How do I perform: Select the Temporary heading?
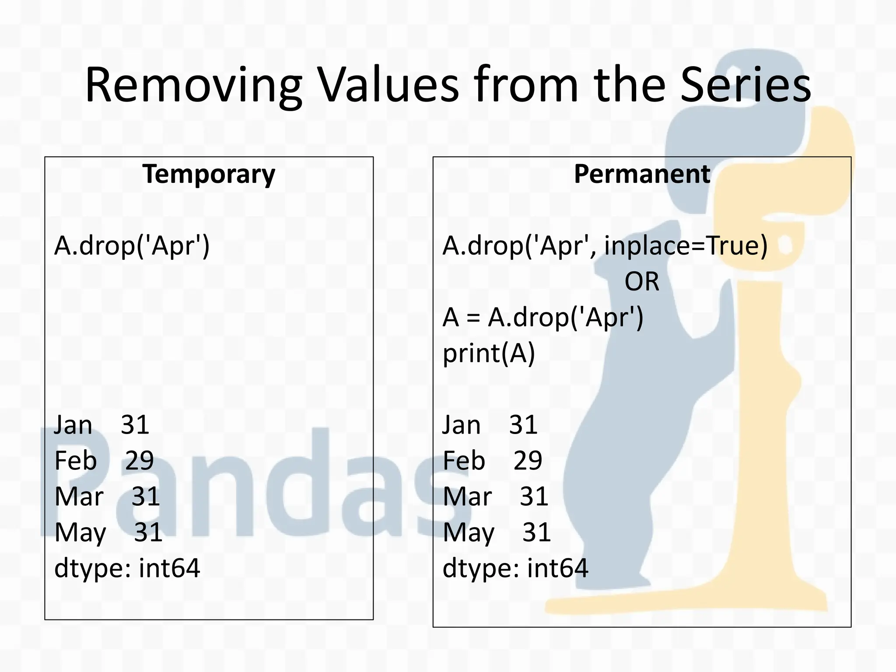click(209, 174)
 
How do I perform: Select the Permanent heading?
click(642, 174)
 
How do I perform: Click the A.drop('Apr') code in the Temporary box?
click(132, 246)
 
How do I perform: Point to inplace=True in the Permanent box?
click(686, 246)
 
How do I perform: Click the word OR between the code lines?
click(641, 282)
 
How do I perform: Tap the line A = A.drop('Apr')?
click(543, 318)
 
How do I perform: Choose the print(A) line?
click(489, 353)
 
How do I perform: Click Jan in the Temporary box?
click(73, 425)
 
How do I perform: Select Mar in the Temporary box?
click(79, 497)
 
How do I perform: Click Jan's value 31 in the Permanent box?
click(523, 425)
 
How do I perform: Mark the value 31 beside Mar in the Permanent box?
click(534, 497)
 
